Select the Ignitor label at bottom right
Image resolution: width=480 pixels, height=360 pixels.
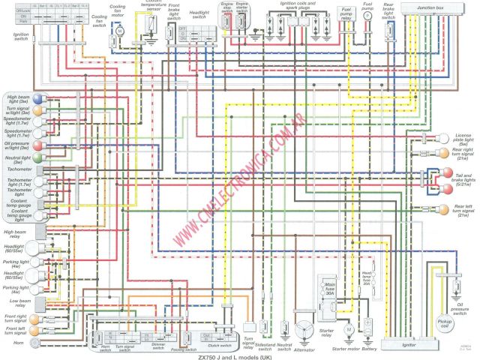pyautogui.click(x=408, y=324)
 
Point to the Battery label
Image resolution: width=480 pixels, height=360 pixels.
pyautogui.click(x=369, y=328)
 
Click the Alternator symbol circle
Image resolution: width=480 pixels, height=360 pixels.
pyautogui.click(x=304, y=311)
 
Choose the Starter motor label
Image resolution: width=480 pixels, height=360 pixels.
pyautogui.click(x=346, y=328)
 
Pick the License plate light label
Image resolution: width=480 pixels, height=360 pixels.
pyautogui.click(x=463, y=139)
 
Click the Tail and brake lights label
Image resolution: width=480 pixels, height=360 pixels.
pyautogui.click(x=463, y=180)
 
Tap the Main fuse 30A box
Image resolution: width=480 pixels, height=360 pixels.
pyautogui.click(x=329, y=289)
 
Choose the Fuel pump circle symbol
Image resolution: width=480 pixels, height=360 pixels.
pyautogui.click(x=367, y=15)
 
